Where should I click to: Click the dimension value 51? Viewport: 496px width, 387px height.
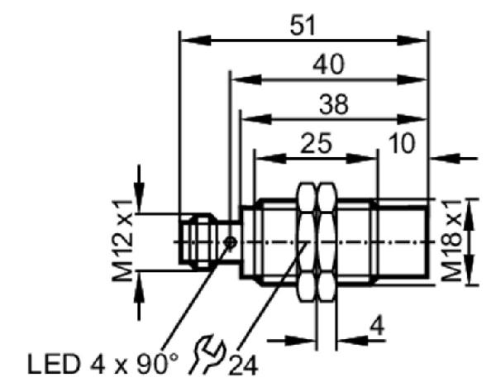(x=303, y=26)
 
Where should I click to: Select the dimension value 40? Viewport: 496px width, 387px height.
(x=328, y=64)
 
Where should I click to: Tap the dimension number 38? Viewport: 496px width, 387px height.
(x=334, y=104)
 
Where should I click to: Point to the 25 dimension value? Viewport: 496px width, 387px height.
(x=317, y=143)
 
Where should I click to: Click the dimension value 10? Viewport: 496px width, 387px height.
(x=401, y=143)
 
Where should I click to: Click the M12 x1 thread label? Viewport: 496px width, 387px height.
(x=122, y=241)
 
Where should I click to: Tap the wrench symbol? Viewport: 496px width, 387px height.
(x=207, y=354)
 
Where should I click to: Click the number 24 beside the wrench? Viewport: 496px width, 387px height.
(x=243, y=364)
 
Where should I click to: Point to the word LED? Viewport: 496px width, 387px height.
(x=53, y=364)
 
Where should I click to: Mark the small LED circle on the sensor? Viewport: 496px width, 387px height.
(x=231, y=242)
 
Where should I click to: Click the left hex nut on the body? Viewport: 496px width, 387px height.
(x=307, y=242)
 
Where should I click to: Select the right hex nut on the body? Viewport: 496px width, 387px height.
(x=327, y=242)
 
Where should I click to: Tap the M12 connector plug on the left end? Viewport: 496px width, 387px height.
(x=196, y=242)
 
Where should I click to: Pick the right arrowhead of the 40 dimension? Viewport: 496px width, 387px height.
(x=412, y=79)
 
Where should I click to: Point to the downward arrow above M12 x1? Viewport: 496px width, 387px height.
(x=139, y=189)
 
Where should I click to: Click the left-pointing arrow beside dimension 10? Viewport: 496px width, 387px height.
(x=453, y=158)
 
